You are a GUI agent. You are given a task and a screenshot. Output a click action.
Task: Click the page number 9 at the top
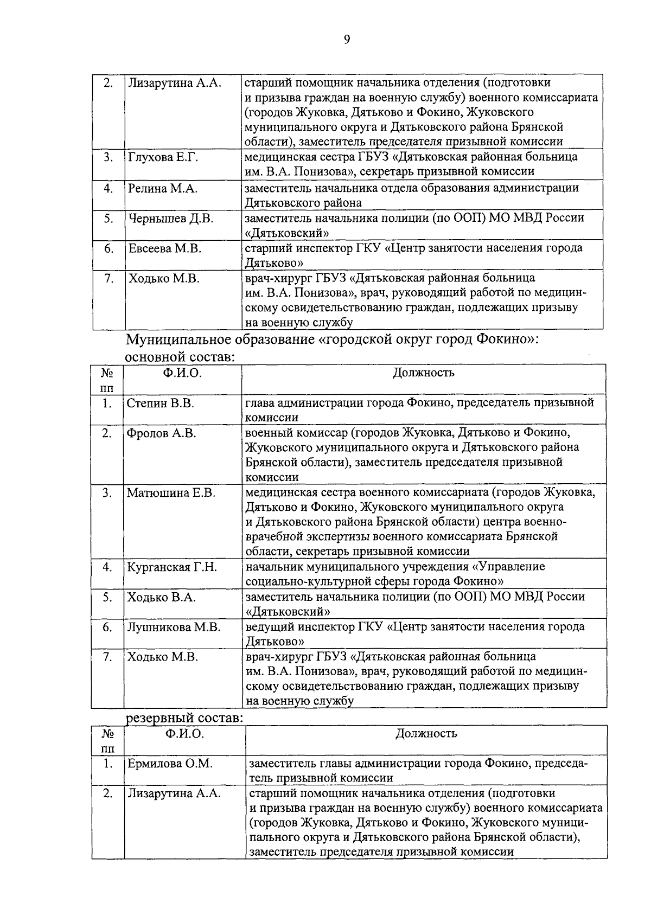click(x=347, y=39)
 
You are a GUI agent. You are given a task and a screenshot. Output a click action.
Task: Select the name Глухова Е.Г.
click(x=163, y=157)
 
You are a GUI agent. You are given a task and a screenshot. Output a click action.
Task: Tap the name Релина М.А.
click(x=163, y=188)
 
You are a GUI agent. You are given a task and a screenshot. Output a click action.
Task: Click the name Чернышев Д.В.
click(x=171, y=219)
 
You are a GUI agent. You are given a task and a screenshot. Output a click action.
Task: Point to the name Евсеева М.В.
click(x=165, y=249)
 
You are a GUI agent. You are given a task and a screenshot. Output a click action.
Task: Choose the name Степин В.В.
click(x=161, y=403)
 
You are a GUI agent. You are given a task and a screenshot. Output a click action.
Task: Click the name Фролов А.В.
click(x=161, y=433)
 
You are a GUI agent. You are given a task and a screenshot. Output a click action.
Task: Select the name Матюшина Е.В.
click(x=171, y=493)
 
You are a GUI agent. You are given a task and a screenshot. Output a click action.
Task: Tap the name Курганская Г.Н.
click(x=172, y=567)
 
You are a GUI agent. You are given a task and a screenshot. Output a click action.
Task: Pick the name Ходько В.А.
click(x=161, y=598)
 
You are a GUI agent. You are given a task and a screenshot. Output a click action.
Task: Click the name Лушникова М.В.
click(x=174, y=627)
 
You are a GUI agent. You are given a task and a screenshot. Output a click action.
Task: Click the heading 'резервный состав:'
click(x=184, y=718)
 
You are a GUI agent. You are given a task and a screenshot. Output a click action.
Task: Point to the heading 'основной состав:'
click(x=180, y=358)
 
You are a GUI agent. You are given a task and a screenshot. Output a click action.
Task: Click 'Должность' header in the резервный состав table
click(x=426, y=734)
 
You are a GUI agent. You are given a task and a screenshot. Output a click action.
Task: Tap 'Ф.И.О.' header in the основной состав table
click(x=182, y=373)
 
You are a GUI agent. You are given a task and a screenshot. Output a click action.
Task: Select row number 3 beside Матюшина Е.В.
click(x=107, y=493)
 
